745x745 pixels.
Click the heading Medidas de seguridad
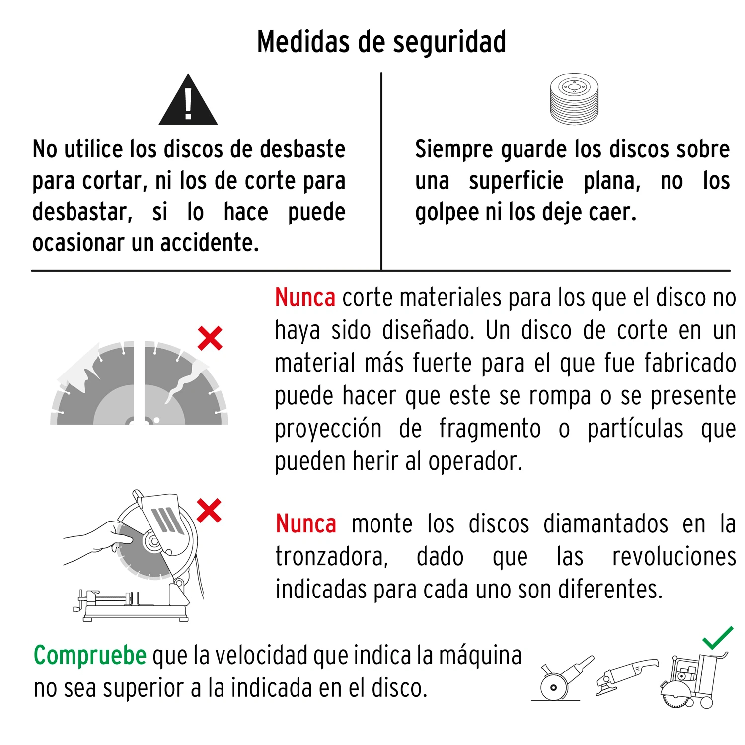pos(381,42)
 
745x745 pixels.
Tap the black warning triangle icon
pos(188,99)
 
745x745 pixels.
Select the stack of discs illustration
pos(574,99)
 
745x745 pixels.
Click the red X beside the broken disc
pos(210,338)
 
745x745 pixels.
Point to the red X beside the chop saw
pos(209,510)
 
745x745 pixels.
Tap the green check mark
pos(718,638)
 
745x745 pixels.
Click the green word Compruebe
pos(90,656)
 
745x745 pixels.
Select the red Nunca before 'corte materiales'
pos(305,298)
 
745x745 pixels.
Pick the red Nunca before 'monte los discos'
pos(306,524)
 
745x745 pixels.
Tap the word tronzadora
pos(332,557)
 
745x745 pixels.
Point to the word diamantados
pos(605,524)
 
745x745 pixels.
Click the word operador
pos(475,461)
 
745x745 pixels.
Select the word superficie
pos(516,181)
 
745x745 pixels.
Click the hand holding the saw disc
pos(99,543)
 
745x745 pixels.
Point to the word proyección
pos(328,429)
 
